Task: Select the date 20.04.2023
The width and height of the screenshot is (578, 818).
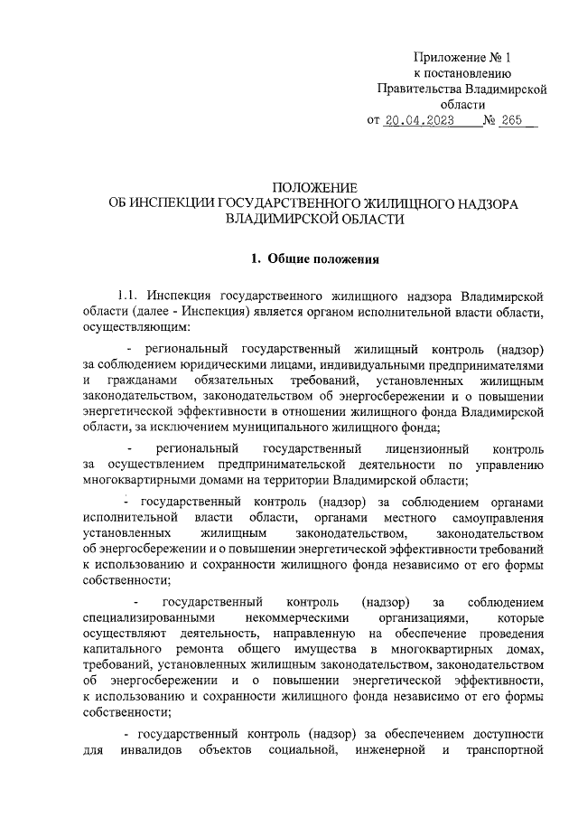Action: (x=417, y=119)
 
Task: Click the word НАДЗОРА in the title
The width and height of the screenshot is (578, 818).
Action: (x=482, y=203)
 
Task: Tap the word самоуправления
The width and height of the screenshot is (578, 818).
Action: (x=491, y=518)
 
